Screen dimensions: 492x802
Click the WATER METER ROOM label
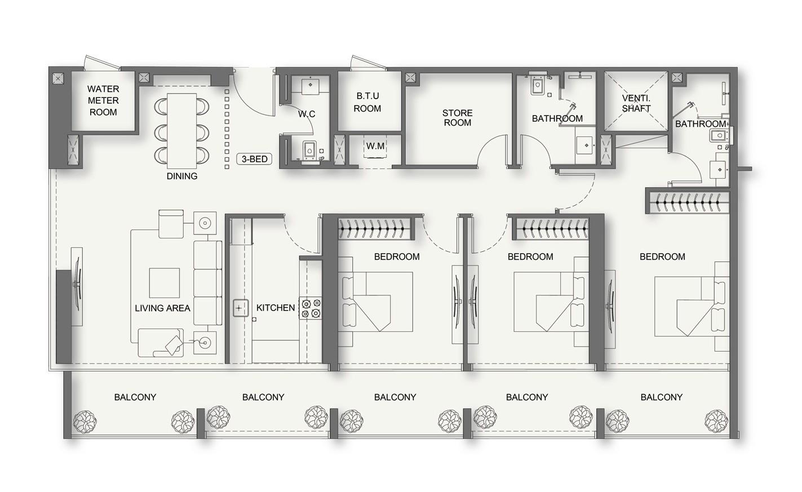pos(103,100)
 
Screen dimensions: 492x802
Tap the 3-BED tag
pos(254,159)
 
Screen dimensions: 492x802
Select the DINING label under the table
pos(181,176)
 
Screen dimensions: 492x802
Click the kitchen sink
pos(240,308)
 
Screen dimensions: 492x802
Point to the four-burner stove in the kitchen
pos(311,308)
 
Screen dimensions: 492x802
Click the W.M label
pos(375,147)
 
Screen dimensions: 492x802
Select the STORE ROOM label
pos(457,118)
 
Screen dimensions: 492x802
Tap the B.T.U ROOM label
pos(367,102)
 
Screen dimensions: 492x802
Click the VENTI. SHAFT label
pos(636,103)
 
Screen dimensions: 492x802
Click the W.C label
pos(307,114)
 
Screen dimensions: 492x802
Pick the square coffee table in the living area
pos(164,283)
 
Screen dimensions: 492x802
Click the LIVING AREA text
pos(162,308)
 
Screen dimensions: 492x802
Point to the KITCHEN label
pos(275,308)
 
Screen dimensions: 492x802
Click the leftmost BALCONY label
pos(135,397)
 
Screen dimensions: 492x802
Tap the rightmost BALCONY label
pos(661,397)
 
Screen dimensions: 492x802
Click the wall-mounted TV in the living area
pos(76,287)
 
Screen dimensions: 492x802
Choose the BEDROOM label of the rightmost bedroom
pos(662,256)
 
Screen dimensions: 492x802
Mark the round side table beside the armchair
pos(205,222)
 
